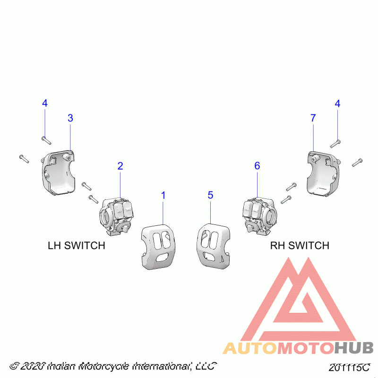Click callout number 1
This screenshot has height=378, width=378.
click(163, 195)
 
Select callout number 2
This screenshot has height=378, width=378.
click(120, 166)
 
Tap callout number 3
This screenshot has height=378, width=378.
click(70, 118)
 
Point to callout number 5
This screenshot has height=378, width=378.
click(210, 195)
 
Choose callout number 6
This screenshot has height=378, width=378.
click(257, 166)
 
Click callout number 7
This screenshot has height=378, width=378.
click(313, 118)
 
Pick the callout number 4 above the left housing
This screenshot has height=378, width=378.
click(45, 103)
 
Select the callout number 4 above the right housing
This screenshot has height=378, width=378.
click(337, 103)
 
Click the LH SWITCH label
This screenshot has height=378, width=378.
click(77, 246)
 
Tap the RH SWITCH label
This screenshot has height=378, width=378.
click(300, 246)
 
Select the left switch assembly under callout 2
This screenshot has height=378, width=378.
click(117, 215)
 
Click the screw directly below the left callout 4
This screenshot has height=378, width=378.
click(46, 139)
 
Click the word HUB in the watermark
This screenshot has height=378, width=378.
click(354, 349)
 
